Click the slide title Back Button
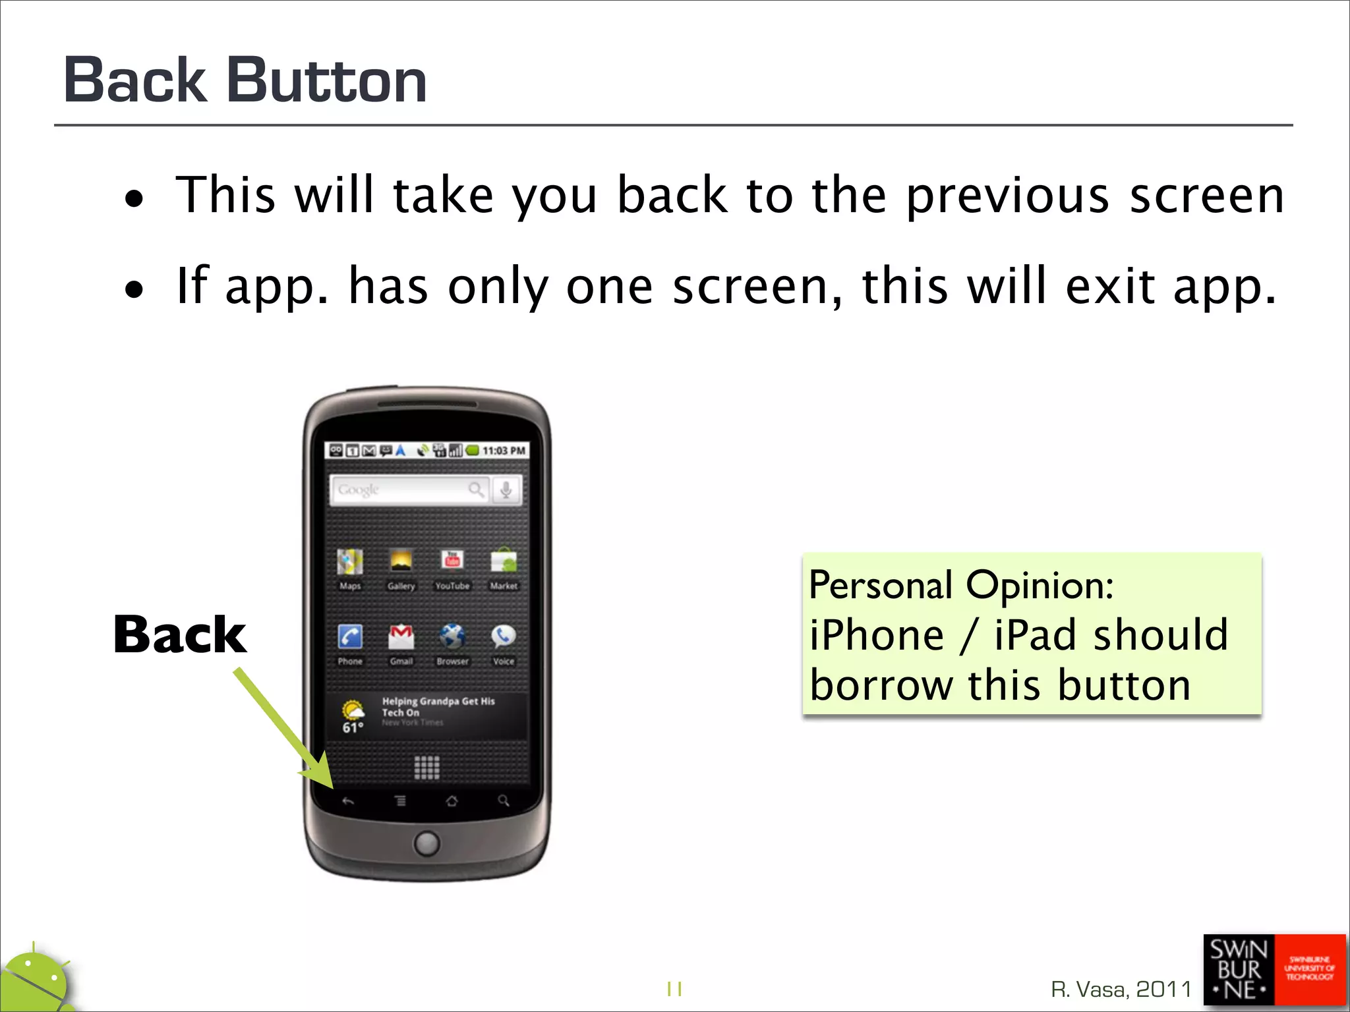(245, 80)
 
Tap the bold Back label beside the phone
(180, 634)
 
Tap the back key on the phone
(348, 801)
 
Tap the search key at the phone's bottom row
(504, 801)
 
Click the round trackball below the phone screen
(426, 843)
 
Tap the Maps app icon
(350, 562)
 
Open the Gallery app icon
(401, 562)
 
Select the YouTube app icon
(452, 561)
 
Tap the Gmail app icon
(401, 637)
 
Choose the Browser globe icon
(452, 637)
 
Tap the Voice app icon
(503, 636)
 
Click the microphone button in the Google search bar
(506, 490)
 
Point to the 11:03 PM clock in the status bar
(504, 451)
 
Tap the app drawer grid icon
(426, 768)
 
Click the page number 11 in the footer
(674, 989)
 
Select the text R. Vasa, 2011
(1121, 989)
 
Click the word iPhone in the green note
(877, 635)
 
